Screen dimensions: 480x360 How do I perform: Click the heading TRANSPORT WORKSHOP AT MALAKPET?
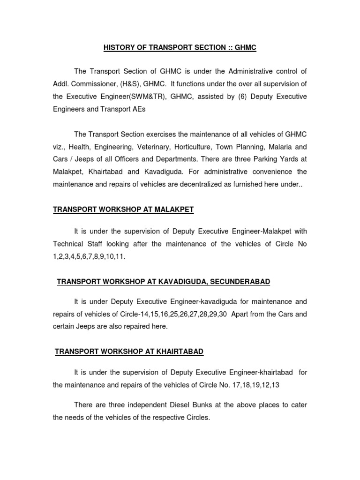[x=123, y=210]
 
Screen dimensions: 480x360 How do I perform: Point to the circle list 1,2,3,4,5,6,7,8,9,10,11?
[x=90, y=256]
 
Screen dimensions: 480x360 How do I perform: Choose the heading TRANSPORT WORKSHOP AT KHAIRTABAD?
[x=129, y=352]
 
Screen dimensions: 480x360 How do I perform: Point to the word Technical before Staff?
[x=68, y=244]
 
